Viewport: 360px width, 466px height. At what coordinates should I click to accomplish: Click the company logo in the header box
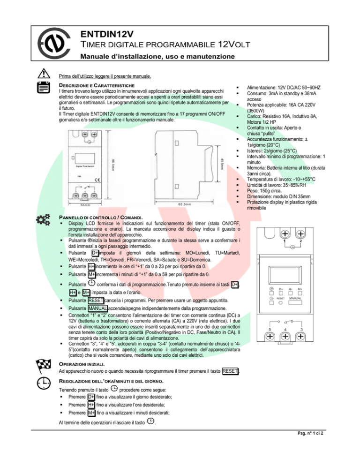click(54, 44)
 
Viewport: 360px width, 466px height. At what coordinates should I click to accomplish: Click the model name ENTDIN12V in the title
click(107, 34)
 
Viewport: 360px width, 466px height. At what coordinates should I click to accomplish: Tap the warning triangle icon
click(44, 73)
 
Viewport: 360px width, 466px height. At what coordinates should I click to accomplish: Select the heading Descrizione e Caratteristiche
click(97, 86)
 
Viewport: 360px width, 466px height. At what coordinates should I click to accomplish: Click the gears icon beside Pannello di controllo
click(43, 219)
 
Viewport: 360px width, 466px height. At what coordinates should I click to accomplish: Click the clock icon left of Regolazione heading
click(44, 383)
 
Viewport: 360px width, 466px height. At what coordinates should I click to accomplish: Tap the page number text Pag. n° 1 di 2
click(310, 433)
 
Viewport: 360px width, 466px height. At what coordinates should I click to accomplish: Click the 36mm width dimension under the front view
click(85, 205)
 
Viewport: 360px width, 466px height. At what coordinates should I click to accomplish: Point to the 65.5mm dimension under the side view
click(184, 204)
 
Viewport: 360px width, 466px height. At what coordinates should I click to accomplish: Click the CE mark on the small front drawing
click(97, 180)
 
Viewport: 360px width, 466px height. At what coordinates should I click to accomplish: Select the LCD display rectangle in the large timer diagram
click(285, 275)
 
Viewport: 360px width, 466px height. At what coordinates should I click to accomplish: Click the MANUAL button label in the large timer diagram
click(295, 298)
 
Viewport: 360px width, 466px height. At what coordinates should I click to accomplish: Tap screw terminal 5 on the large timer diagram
click(270, 337)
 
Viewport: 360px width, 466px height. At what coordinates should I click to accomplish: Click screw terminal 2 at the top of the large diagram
click(300, 234)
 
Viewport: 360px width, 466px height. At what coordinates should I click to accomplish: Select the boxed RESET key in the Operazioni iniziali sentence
click(230, 371)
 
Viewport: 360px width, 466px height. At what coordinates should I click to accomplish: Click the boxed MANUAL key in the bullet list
click(98, 308)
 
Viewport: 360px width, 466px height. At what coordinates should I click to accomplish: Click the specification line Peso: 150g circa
click(264, 191)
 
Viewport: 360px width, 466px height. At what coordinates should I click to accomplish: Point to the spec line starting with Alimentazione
click(284, 88)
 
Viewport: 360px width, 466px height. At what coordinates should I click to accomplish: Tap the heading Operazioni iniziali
click(82, 364)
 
